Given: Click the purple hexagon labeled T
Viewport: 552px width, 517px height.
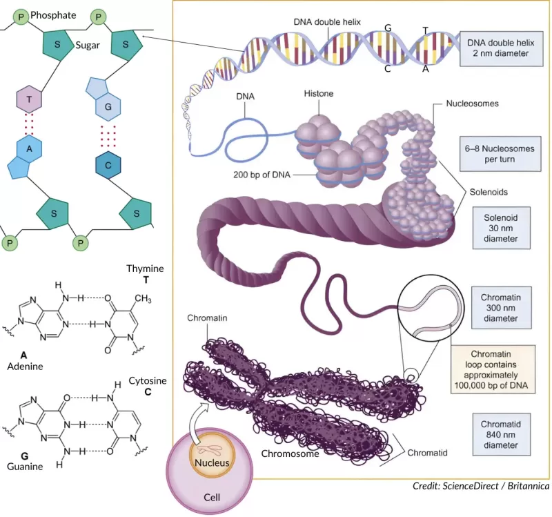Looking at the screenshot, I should [30, 99].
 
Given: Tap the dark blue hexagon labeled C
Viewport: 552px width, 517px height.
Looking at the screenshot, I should [108, 165].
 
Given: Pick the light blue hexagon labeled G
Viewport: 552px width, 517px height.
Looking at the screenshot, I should [108, 107].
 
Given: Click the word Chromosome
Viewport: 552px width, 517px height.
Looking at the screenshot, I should [290, 454].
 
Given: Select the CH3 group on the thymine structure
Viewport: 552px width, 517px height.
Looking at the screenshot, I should [143, 298].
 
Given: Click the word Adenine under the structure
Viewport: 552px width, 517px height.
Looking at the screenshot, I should [25, 367].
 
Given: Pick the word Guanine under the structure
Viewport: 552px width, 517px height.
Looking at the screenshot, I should [25, 467].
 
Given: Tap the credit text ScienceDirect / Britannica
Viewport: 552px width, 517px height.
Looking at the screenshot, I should [480, 487].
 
